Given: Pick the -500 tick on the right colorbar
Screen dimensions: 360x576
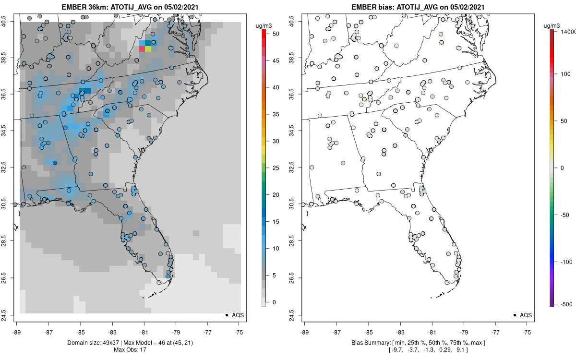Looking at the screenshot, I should point(567,304).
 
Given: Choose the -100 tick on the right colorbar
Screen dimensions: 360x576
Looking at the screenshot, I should point(567,262).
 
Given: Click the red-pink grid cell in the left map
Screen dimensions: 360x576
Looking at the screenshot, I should point(142,49).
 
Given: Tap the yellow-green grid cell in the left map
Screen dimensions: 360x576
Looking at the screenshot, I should point(148,49).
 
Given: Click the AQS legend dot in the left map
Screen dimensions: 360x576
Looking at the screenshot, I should point(226,315).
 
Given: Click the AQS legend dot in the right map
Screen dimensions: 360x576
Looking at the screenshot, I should point(514,315).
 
